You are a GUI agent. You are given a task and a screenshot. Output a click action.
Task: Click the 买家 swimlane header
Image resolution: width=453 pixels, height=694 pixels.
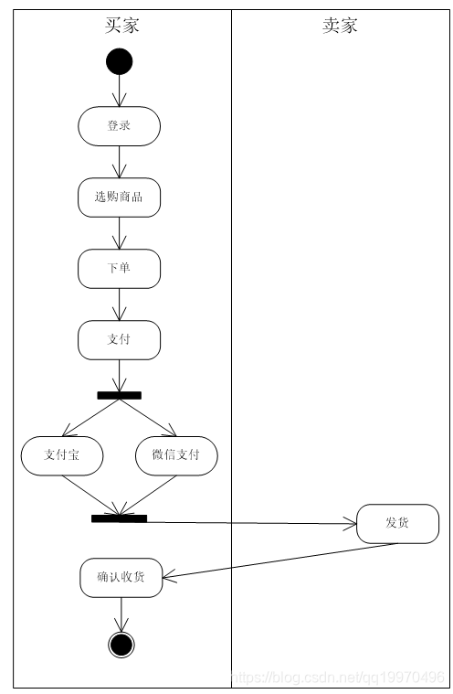[121, 25]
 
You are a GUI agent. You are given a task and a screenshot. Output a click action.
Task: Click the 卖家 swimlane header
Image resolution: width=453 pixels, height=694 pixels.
[340, 25]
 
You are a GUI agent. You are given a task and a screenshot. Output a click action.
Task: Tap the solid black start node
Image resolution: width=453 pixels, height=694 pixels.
[120, 61]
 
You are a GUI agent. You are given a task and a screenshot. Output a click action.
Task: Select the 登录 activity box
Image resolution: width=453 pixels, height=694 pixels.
[120, 125]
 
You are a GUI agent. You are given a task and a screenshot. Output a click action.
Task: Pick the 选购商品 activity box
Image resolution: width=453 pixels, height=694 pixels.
[120, 197]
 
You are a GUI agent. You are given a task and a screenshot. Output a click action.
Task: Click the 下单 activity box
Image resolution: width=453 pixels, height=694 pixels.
[120, 268]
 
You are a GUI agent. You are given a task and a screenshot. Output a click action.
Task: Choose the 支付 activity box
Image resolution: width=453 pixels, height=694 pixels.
[120, 339]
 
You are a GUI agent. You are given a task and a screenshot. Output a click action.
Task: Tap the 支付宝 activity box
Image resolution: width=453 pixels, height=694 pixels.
[62, 455]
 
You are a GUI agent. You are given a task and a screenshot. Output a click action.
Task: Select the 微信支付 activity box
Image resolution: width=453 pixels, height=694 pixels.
[177, 455]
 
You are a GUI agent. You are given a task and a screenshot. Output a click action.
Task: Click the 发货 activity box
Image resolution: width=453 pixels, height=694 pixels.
[397, 523]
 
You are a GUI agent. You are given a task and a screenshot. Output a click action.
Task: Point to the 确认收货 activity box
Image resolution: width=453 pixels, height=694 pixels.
[121, 577]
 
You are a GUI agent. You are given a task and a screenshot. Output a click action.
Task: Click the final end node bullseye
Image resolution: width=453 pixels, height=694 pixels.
[121, 645]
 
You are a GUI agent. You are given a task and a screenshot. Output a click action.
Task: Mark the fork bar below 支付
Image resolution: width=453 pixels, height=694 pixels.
[120, 395]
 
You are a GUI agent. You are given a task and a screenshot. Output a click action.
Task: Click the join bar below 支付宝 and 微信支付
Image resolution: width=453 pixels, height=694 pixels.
[119, 518]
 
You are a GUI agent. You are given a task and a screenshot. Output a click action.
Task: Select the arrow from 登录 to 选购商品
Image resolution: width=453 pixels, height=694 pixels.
[120, 162]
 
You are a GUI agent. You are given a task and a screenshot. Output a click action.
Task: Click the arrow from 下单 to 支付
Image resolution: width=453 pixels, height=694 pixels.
[120, 304]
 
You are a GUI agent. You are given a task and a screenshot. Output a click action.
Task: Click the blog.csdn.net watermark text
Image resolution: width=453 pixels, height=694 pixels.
[338, 678]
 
